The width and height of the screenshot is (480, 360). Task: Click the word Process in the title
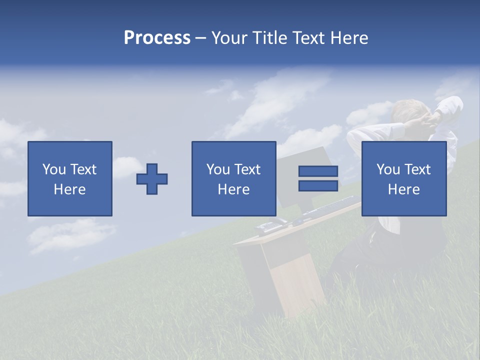[157, 38]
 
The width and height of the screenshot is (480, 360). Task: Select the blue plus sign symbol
[152, 179]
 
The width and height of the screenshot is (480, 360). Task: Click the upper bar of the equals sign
[318, 171]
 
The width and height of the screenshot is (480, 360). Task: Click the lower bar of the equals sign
[318, 186]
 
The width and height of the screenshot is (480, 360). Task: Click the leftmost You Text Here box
[70, 178]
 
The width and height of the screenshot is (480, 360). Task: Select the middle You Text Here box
[233, 178]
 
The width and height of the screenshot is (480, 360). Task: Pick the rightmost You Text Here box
[403, 178]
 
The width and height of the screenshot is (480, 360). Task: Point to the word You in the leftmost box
[54, 169]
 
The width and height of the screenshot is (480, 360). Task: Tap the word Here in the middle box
[233, 189]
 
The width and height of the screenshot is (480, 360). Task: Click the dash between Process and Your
[200, 38]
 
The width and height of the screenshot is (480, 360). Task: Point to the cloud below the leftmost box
[70, 235]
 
